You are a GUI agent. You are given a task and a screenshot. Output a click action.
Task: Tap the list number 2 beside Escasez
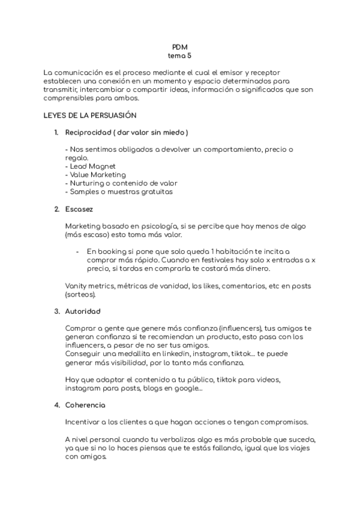56,209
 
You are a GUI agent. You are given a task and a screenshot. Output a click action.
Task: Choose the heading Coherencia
85,405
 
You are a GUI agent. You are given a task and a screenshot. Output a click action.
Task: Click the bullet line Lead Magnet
92,166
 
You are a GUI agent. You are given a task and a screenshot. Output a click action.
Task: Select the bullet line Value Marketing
95,175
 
